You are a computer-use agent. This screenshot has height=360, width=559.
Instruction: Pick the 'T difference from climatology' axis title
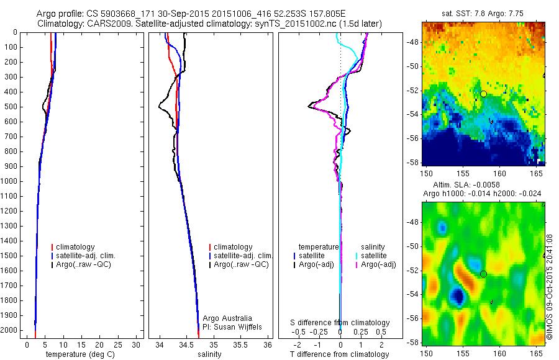pos(339,354)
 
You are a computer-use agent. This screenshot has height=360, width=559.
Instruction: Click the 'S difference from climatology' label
pos(340,323)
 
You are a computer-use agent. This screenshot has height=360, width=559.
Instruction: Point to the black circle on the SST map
pos(483,94)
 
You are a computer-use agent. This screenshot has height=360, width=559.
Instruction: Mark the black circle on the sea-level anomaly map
pos(483,274)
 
